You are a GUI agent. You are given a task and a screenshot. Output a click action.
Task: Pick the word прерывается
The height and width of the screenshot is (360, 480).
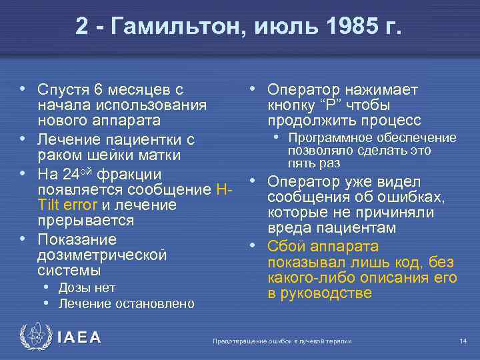tap(86, 220)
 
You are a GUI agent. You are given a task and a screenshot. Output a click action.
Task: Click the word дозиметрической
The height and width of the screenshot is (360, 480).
tap(101, 255)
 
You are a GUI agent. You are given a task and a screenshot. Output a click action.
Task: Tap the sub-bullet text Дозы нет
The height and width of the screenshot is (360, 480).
tap(87, 287)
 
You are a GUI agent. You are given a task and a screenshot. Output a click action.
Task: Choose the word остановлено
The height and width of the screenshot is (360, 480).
tap(154, 304)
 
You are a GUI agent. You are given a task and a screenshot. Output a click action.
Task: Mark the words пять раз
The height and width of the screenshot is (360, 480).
tap(314, 163)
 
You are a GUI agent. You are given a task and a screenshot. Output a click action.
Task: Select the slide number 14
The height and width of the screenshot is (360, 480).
tap(463, 341)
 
